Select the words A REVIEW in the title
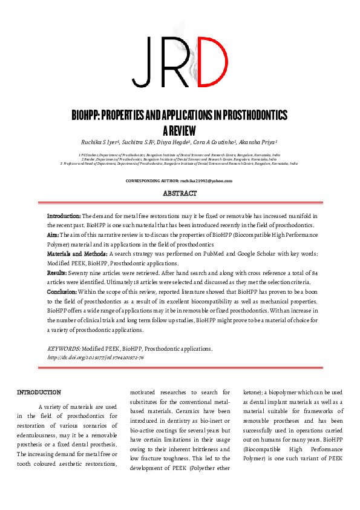180,130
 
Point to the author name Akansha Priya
258,143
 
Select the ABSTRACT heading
180,193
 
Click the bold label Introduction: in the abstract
64,216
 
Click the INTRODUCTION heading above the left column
39,392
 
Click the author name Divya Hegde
171,143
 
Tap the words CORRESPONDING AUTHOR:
152,180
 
